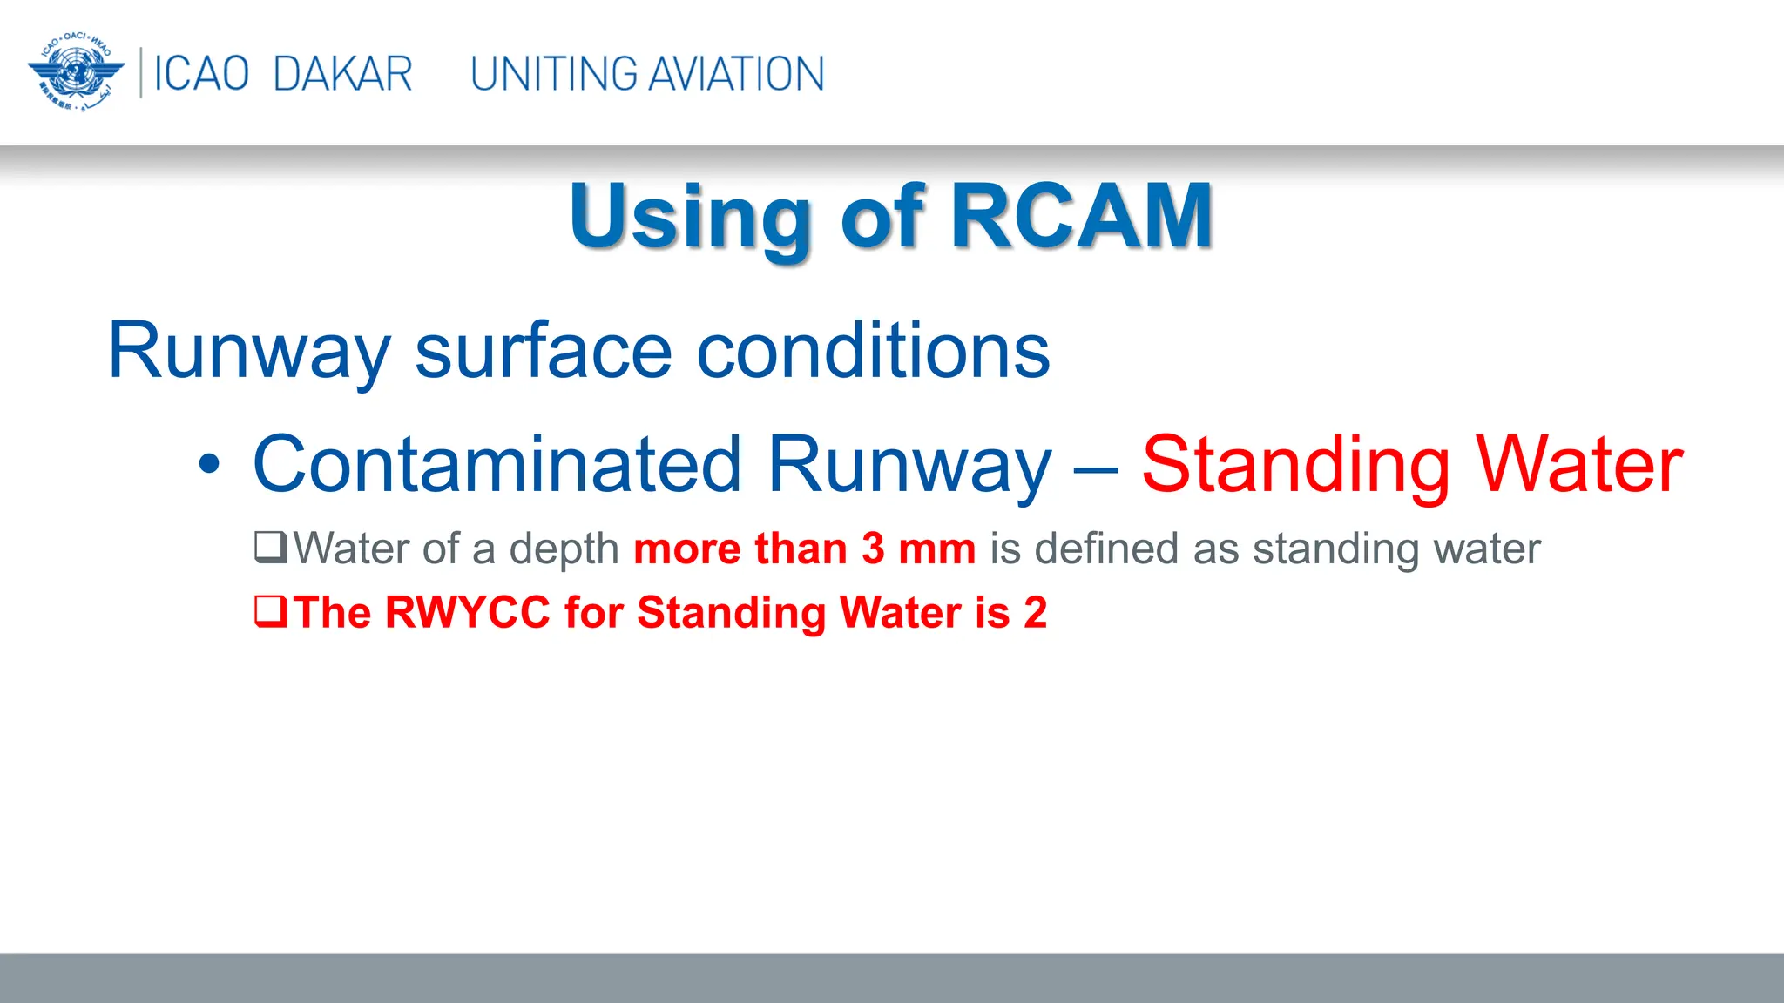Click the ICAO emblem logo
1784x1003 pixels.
point(76,73)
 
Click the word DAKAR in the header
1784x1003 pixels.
point(342,74)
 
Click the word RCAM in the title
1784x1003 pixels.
point(1081,216)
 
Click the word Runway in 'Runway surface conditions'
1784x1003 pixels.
point(249,351)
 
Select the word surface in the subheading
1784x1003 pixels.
point(543,351)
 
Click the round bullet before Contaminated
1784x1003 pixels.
point(209,465)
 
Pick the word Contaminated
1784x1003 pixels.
point(497,465)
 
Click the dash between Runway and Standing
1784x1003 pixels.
point(1096,470)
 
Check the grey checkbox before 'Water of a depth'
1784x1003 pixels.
point(270,548)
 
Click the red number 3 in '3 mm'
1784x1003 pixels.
point(873,549)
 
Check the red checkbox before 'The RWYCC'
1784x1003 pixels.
point(270,611)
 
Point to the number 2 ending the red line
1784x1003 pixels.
point(1035,612)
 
